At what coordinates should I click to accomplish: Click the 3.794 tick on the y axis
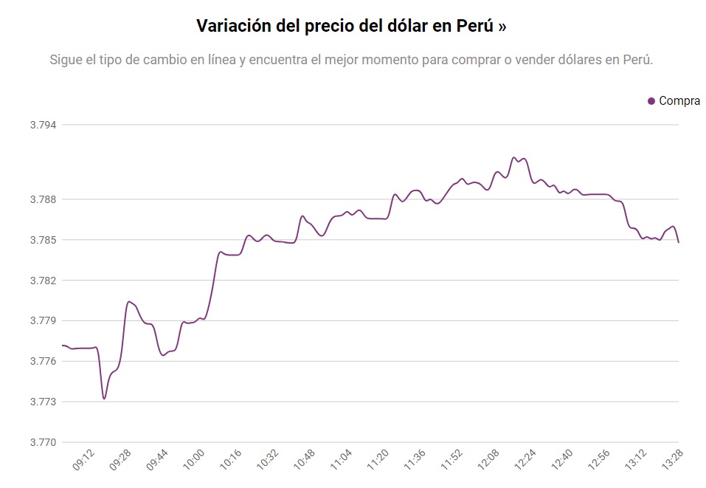click(x=44, y=125)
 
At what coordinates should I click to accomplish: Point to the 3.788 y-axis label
click(x=44, y=199)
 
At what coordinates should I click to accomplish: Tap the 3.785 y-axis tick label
click(x=44, y=240)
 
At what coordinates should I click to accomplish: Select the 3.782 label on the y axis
click(x=44, y=281)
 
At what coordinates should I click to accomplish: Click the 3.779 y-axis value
click(x=44, y=321)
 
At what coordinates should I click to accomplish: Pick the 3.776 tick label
click(x=44, y=362)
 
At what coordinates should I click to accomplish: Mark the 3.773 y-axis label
click(x=44, y=402)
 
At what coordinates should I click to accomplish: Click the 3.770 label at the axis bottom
click(x=44, y=442)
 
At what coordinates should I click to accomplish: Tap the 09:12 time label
click(x=84, y=462)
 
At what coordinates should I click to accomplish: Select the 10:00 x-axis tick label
click(x=194, y=462)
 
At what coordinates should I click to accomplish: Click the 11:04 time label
click(x=342, y=462)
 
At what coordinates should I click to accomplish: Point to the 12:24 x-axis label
click(x=525, y=462)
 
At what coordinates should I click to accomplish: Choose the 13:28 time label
click(x=672, y=462)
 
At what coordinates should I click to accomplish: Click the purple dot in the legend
click(x=651, y=101)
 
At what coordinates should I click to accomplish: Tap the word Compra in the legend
click(x=679, y=101)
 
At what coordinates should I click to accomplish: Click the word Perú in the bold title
click(x=476, y=26)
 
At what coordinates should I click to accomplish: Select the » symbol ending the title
click(x=502, y=27)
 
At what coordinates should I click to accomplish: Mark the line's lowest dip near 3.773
click(x=104, y=399)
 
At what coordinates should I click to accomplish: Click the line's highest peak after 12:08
click(x=514, y=157)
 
